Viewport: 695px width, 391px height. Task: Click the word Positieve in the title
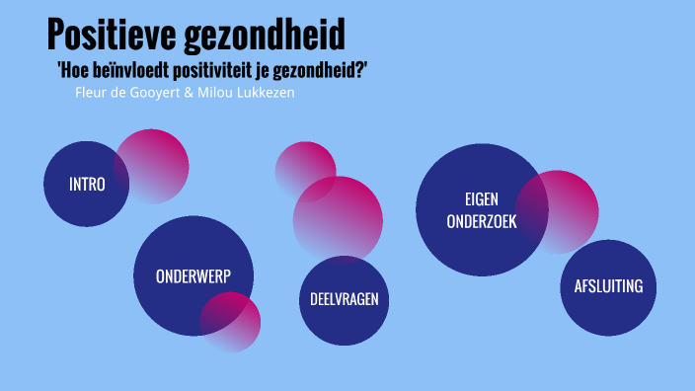pyautogui.click(x=112, y=36)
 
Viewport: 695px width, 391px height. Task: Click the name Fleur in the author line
pyautogui.click(x=91, y=92)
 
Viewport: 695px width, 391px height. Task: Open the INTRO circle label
pyautogui.click(x=87, y=184)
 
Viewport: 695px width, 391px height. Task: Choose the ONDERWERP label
pyautogui.click(x=193, y=276)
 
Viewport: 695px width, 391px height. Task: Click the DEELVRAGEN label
pyautogui.click(x=344, y=299)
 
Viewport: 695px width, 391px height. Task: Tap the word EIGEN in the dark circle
pyautogui.click(x=482, y=197)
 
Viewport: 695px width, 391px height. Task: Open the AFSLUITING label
pyautogui.click(x=608, y=286)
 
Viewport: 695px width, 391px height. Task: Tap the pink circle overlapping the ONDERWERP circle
pyautogui.click(x=233, y=322)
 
